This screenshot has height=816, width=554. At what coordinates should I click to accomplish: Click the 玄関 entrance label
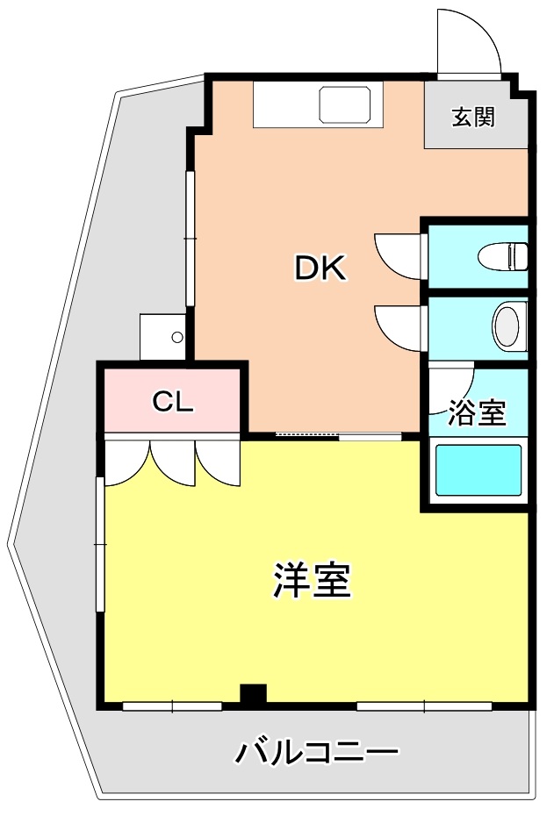click(472, 117)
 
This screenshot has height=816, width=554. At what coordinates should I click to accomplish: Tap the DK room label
click(320, 268)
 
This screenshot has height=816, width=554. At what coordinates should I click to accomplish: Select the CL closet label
click(173, 401)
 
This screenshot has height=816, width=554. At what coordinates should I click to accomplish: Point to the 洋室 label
click(312, 579)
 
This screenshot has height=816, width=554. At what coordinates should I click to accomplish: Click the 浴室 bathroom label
click(477, 412)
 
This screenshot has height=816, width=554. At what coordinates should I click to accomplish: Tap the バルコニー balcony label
click(318, 752)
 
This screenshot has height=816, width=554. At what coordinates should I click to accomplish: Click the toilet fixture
click(503, 256)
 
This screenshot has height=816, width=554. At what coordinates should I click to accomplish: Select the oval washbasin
click(506, 327)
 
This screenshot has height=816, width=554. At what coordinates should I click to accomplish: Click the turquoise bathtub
click(478, 470)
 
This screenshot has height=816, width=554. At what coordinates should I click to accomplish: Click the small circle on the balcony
click(177, 337)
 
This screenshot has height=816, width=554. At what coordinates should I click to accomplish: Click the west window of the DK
click(191, 239)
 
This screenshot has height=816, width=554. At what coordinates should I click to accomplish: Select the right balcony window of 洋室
click(424, 706)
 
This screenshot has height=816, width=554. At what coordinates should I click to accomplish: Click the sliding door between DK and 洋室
click(339, 436)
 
